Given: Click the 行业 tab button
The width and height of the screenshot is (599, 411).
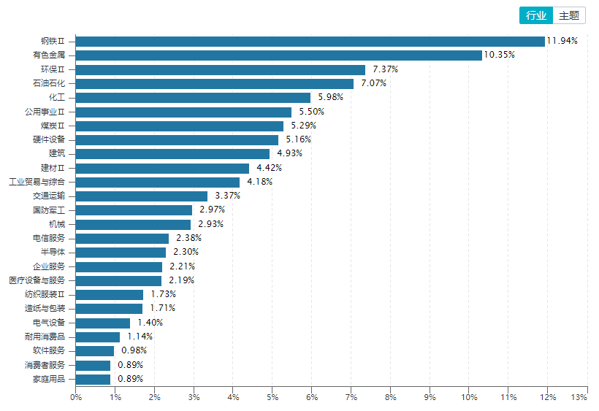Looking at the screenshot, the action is tap(536, 15).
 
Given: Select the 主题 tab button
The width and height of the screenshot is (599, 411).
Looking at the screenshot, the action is tap(569, 15).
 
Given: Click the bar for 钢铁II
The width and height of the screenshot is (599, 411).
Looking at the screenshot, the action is tap(310, 41).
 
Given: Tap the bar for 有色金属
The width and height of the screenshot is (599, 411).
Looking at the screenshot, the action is tap(279, 55).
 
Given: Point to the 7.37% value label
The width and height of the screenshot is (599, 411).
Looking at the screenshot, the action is tap(386, 69).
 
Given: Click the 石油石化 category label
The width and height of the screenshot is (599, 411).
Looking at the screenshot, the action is tap(49, 83).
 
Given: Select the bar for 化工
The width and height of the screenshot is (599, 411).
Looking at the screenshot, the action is tap(193, 98).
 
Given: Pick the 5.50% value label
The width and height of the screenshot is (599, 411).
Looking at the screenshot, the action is tap(312, 112).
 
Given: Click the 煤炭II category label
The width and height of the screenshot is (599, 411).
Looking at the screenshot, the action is tap(53, 126).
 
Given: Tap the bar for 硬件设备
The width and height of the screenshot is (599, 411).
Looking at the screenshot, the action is tap(177, 140).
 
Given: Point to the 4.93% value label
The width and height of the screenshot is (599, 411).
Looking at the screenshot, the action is tap(289, 153).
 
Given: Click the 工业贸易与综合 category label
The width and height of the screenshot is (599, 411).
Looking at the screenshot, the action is tap(37, 182).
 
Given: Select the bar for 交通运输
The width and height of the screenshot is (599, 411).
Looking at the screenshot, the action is tap(141, 196).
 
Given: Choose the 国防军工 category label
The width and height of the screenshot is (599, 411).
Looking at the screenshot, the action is tap(49, 210).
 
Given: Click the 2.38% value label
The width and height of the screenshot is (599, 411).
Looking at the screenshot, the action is tap(188, 238).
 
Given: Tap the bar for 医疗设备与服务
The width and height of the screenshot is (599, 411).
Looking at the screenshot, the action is tap(118, 281).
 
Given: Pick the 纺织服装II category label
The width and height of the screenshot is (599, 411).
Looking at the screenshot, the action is tap(45, 294).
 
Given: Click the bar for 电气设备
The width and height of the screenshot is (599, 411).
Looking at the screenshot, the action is tap(103, 323).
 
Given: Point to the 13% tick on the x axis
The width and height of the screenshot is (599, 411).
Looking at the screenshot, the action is tap(579, 397).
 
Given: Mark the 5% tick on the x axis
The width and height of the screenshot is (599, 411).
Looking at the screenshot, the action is tap(272, 397).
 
